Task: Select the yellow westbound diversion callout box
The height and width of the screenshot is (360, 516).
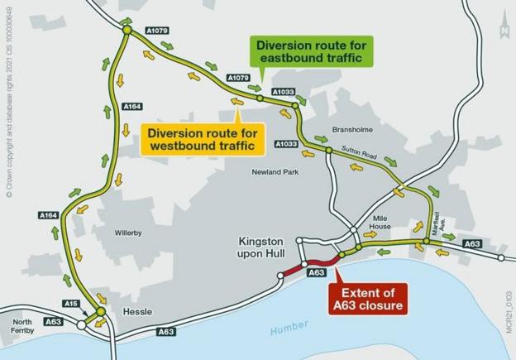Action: pos(203,138)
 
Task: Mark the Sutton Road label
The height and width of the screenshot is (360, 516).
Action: pos(360,154)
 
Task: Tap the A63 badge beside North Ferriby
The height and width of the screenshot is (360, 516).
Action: pos(53,321)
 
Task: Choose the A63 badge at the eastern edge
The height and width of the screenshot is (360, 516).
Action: pos(472,244)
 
